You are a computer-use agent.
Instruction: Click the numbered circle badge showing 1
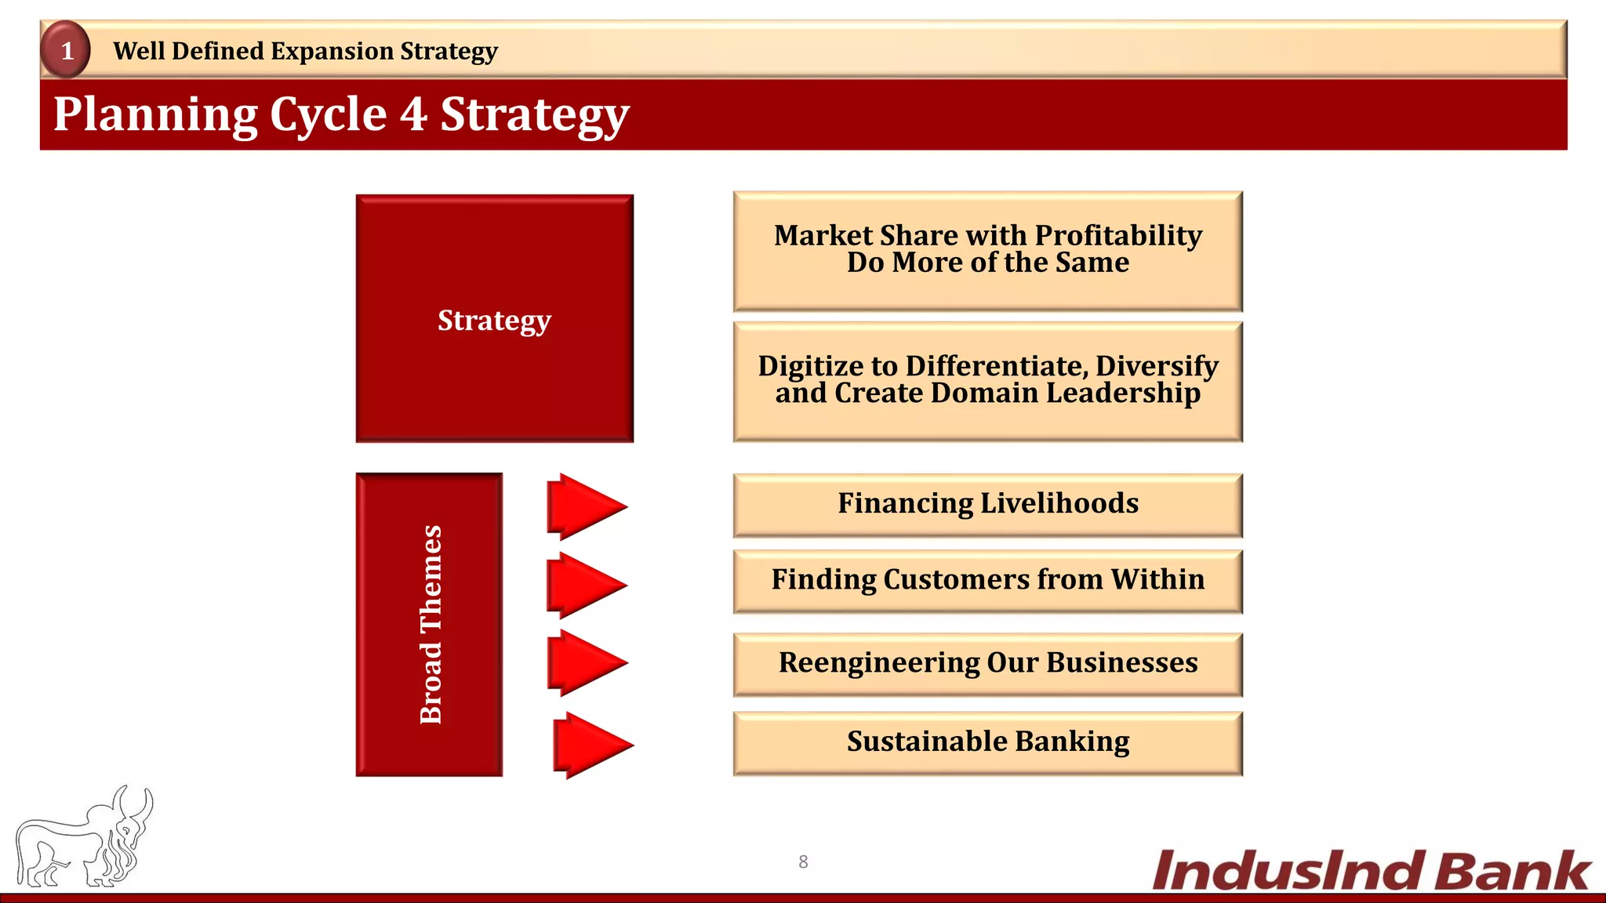(66, 50)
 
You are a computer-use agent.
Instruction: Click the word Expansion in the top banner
(332, 51)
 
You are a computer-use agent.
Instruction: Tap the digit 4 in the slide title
(414, 114)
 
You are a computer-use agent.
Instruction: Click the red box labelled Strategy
(494, 319)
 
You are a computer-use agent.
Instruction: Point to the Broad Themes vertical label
(430, 625)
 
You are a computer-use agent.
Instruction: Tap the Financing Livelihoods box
(987, 504)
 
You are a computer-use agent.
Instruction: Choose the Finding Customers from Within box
(987, 580)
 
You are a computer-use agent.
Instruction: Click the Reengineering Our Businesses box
(987, 663)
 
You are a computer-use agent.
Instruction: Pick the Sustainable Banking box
(987, 742)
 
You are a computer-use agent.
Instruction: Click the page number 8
(803, 861)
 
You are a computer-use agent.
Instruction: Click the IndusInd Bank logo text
(1371, 871)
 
